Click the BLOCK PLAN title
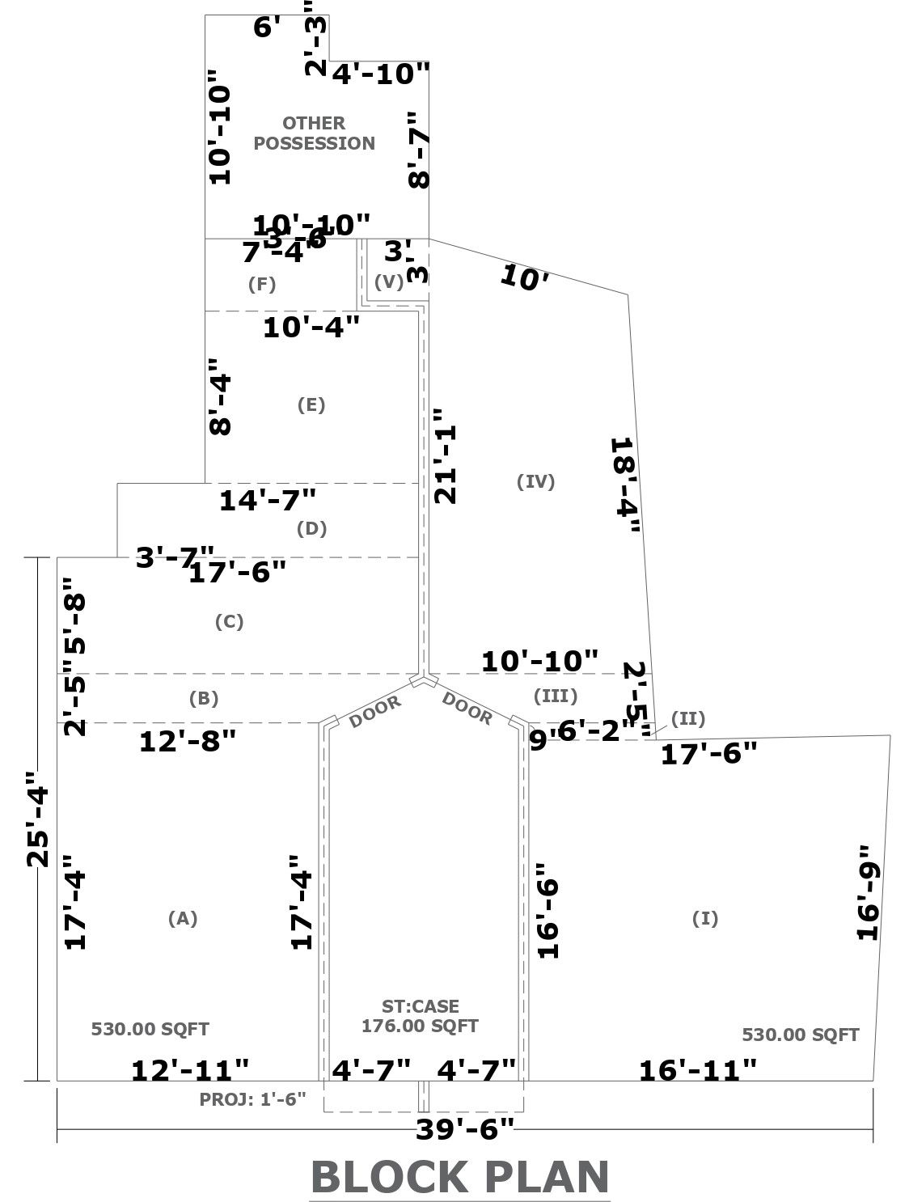coord(459,1177)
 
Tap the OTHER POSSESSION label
coord(314,133)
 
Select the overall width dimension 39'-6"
coord(465,1128)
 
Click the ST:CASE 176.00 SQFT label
coord(420,1016)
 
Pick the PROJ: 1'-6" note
coord(253,1099)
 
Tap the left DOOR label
coord(375,712)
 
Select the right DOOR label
coord(467,709)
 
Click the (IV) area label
coord(535,481)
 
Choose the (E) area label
coord(311,405)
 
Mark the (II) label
coord(688,718)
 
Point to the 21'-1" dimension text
coord(446,455)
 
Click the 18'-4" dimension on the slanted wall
coord(625,485)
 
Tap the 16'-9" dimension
coord(867,892)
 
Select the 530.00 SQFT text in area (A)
coord(150,1030)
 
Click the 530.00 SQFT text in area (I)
coord(800,1035)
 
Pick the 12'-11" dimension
coord(191,1070)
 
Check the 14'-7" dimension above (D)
coord(268,500)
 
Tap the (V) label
coord(389,282)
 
